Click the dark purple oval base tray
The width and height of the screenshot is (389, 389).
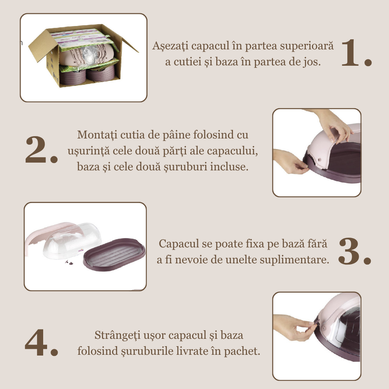tap(114, 255)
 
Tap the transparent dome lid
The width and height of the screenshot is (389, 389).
tap(72, 240)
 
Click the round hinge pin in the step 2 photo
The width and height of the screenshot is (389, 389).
tap(319, 160)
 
